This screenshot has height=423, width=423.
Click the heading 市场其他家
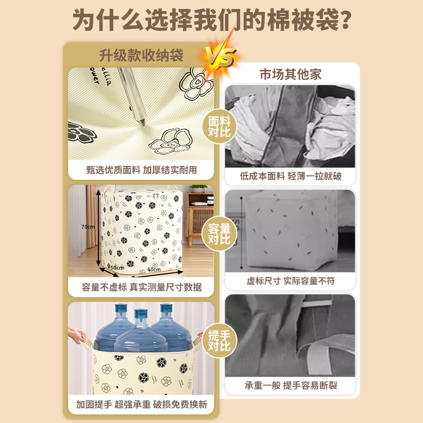290,75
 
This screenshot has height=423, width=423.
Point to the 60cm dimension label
154,270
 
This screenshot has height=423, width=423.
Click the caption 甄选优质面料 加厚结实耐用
141,170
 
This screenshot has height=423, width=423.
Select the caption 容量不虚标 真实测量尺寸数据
141,287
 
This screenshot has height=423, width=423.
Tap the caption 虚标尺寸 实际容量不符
290,281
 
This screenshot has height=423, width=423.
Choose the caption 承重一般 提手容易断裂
290,385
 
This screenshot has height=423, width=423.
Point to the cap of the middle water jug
141,315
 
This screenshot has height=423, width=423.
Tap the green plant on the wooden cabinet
199,188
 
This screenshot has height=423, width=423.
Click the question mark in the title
344,21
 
